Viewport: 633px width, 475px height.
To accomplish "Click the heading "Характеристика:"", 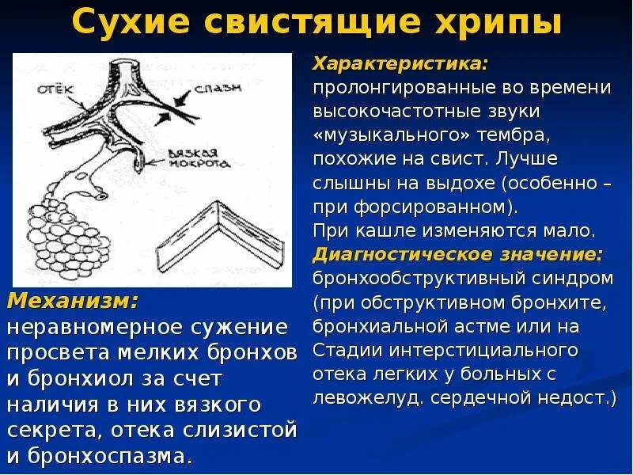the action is coord(400,63).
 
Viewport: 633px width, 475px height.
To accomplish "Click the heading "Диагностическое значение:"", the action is coord(458,255).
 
